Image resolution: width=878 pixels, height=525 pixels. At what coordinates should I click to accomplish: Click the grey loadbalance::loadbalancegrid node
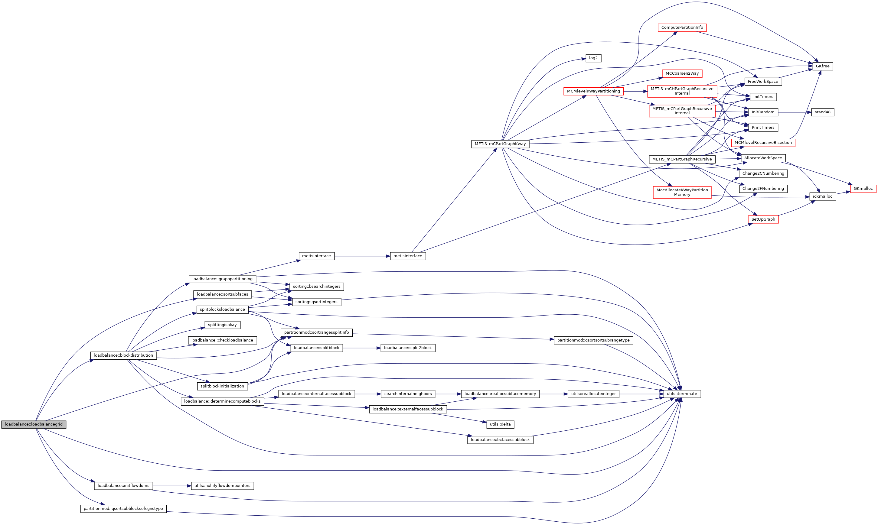pyautogui.click(x=34, y=424)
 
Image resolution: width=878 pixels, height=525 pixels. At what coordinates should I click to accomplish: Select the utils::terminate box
pyautogui.click(x=682, y=394)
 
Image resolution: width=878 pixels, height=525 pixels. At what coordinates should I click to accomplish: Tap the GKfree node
pyautogui.click(x=822, y=66)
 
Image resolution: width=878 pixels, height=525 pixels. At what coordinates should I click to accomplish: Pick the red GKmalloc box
pyautogui.click(x=863, y=189)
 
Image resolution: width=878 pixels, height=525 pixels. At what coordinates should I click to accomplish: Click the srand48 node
pyautogui.click(x=822, y=112)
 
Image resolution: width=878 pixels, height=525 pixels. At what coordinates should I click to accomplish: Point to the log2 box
pyautogui.click(x=593, y=58)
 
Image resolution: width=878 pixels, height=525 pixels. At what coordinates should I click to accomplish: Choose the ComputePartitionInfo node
pyautogui.click(x=682, y=28)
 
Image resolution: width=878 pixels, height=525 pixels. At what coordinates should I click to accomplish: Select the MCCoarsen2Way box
pyautogui.click(x=682, y=73)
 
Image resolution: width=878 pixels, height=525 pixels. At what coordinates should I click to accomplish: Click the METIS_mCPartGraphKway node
pyautogui.click(x=500, y=144)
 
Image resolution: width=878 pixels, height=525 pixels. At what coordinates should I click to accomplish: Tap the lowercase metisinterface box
pyautogui.click(x=316, y=256)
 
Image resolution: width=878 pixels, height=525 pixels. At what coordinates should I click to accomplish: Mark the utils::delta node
pyautogui.click(x=500, y=424)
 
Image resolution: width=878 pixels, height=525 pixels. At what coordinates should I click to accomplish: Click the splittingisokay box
pyautogui.click(x=222, y=325)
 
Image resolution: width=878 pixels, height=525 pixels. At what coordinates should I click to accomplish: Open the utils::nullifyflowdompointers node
pyautogui.click(x=222, y=486)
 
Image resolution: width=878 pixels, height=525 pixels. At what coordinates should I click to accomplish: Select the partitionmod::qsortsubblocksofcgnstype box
pyautogui.click(x=123, y=509)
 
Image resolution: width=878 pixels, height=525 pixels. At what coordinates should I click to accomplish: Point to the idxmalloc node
pyautogui.click(x=822, y=196)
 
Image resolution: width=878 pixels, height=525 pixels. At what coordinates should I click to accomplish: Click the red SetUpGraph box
pyautogui.click(x=763, y=219)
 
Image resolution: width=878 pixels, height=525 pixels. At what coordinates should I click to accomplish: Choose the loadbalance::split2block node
pyautogui.click(x=408, y=348)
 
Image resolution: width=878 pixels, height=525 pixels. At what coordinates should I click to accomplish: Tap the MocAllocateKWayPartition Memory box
pyautogui.click(x=682, y=192)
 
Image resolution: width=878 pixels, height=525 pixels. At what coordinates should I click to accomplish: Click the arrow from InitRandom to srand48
pyautogui.click(x=795, y=112)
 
